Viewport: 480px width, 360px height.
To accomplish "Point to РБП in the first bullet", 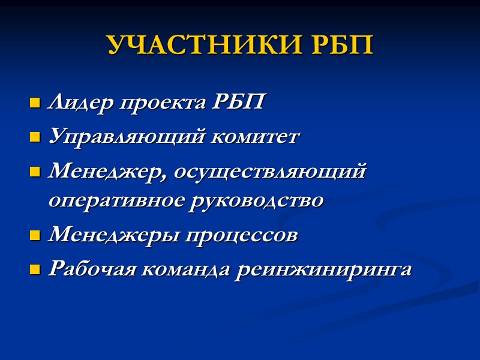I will tap(238, 103).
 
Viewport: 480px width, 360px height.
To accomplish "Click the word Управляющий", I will tap(127, 137).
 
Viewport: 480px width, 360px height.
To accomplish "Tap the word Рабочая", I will tap(91, 269).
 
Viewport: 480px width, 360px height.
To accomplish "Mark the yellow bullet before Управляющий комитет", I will tap(34, 138).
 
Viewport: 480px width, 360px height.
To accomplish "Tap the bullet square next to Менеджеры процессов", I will tap(34, 236).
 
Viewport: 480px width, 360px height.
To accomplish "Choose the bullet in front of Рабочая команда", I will tap(34, 270).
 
